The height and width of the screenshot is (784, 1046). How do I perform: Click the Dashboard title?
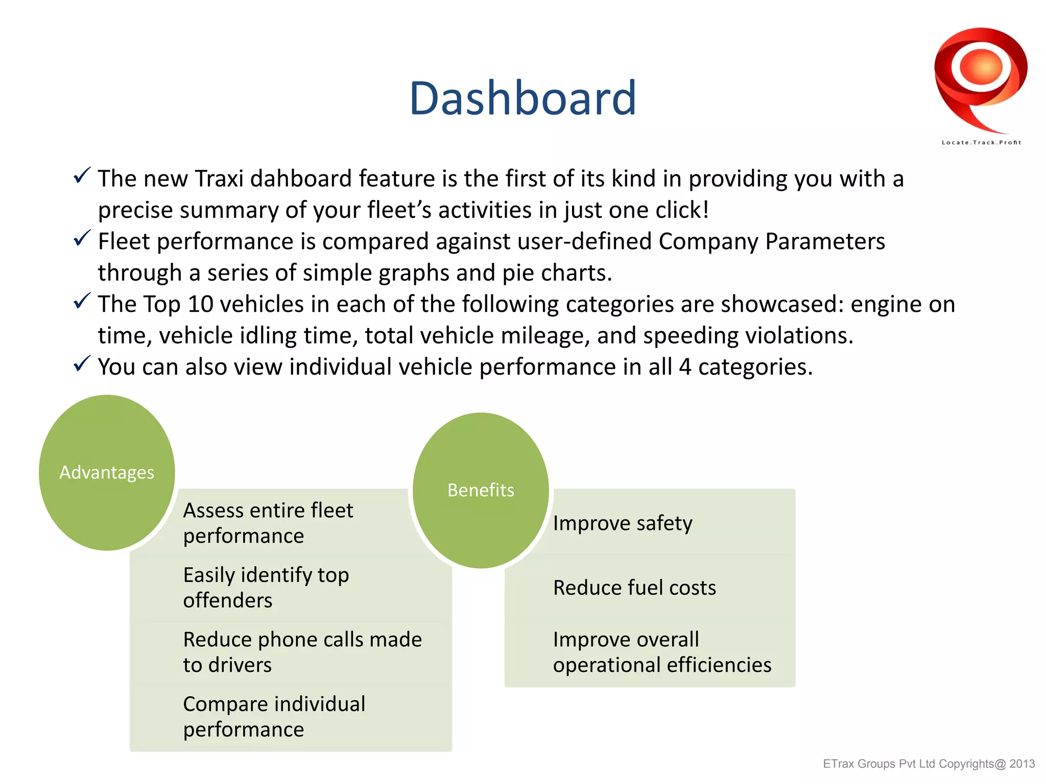click(522, 98)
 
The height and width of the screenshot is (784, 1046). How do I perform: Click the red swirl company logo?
click(981, 77)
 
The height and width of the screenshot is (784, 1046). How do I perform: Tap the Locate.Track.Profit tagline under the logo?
click(981, 142)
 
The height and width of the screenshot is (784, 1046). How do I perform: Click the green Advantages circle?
click(107, 472)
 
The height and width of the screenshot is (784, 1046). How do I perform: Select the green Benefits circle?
click(481, 490)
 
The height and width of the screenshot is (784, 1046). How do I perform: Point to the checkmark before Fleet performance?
click(82, 238)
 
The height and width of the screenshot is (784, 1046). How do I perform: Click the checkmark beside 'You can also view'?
click(82, 363)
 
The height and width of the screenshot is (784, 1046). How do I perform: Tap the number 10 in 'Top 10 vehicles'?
click(200, 305)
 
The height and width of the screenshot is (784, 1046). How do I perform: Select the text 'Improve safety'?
click(623, 523)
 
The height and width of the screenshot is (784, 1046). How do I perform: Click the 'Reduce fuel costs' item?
click(634, 587)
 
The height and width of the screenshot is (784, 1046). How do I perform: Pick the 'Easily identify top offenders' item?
click(266, 587)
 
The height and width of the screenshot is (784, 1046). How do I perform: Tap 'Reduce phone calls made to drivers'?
click(302, 652)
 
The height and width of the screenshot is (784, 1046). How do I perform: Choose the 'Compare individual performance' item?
click(274, 716)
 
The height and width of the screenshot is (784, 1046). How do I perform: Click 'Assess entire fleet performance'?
click(268, 523)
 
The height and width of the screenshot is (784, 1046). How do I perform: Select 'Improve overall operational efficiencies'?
click(662, 652)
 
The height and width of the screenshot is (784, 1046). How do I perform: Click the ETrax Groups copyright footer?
click(929, 764)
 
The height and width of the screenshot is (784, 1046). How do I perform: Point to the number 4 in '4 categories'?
click(685, 367)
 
